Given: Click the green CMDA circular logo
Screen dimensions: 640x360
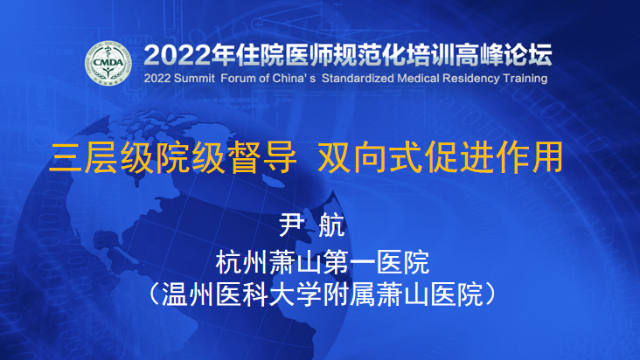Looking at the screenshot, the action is [108, 63].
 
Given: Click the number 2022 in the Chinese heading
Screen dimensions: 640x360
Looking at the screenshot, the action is [177, 55].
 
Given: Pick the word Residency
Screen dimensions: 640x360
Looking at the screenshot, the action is [471, 79].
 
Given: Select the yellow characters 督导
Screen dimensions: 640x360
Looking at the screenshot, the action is [262, 158].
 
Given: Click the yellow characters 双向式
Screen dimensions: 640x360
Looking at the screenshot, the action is [370, 158].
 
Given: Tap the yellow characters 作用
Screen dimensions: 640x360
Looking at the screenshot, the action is [528, 158].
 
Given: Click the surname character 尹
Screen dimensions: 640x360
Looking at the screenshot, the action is [291, 225].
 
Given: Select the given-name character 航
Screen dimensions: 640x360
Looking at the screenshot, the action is [332, 225].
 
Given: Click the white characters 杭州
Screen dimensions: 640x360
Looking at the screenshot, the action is [241, 262].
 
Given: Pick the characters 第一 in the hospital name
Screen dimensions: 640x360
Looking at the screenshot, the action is [349, 262].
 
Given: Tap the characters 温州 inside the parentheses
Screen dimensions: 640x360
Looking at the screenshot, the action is [189, 294].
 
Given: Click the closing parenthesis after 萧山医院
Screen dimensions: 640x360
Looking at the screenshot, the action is [490, 294].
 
